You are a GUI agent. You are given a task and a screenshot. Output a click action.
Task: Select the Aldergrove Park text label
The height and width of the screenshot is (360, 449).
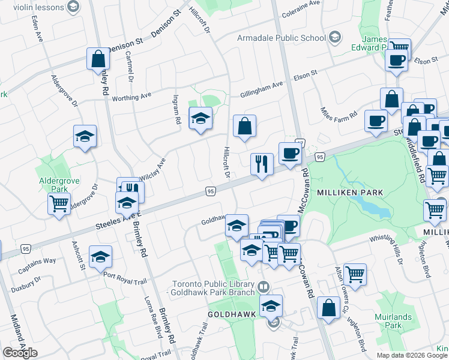coord(55,184)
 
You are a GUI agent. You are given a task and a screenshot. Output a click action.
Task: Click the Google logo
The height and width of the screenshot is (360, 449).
coord(20,353)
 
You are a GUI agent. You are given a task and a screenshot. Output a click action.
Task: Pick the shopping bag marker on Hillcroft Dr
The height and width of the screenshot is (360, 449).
coord(244,127)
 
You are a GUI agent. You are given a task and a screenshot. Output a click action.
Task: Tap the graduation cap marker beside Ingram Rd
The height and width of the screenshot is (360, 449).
coord(200,118)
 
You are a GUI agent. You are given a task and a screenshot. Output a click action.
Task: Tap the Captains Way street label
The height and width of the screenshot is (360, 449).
coord(37,262)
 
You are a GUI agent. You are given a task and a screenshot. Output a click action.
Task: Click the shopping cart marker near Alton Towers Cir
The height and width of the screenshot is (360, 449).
coord(355,274)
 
